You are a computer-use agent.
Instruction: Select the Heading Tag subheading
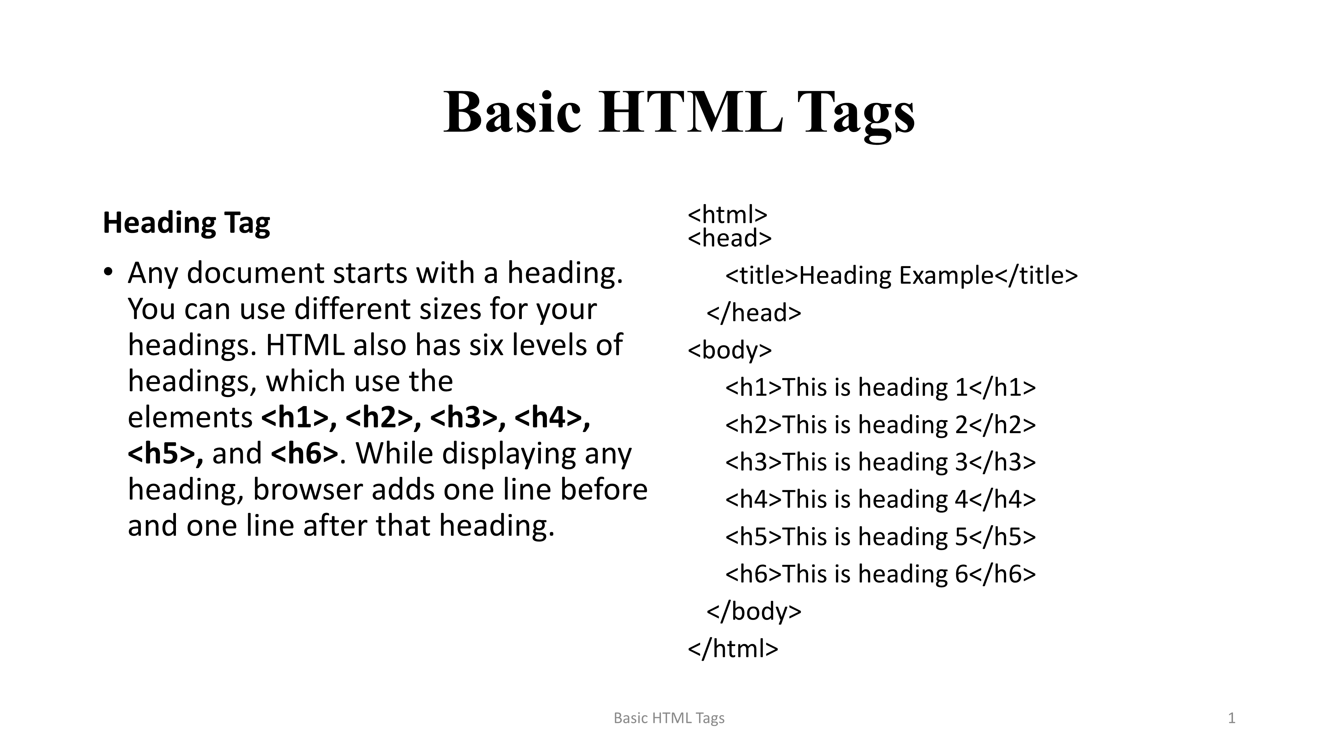[186, 223]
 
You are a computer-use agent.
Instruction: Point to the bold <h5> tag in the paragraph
[165, 453]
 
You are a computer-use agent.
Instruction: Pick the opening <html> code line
[727, 214]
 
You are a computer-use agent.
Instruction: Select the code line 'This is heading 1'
[880, 387]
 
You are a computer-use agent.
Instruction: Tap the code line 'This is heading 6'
[880, 574]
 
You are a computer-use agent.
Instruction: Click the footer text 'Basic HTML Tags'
[669, 718]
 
